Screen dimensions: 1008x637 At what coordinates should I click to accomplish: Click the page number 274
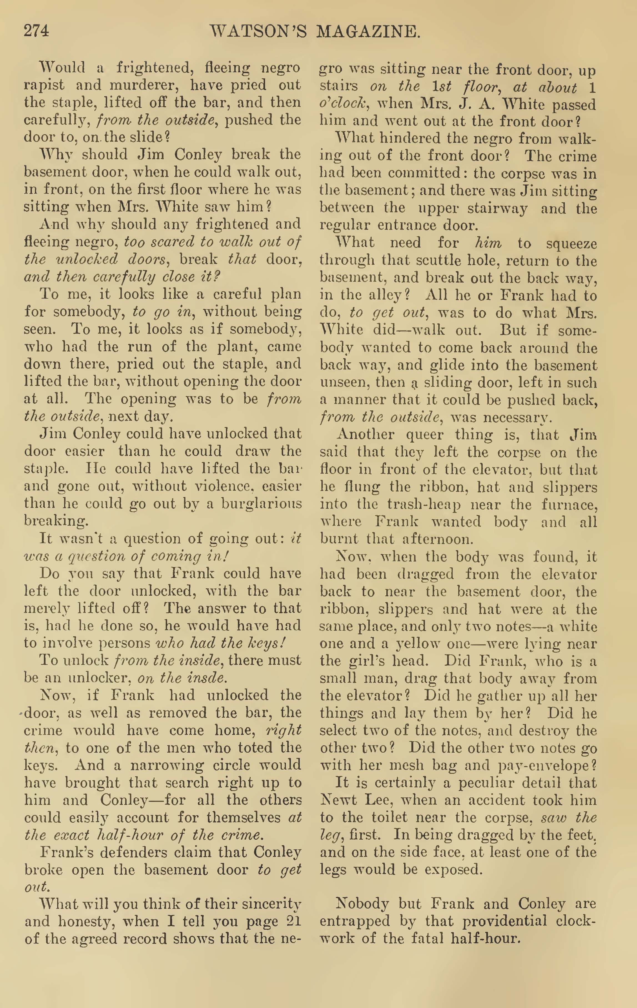[36, 31]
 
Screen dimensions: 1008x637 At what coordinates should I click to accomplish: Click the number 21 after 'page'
[293, 922]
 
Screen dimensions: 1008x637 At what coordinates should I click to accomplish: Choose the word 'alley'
[388, 296]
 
